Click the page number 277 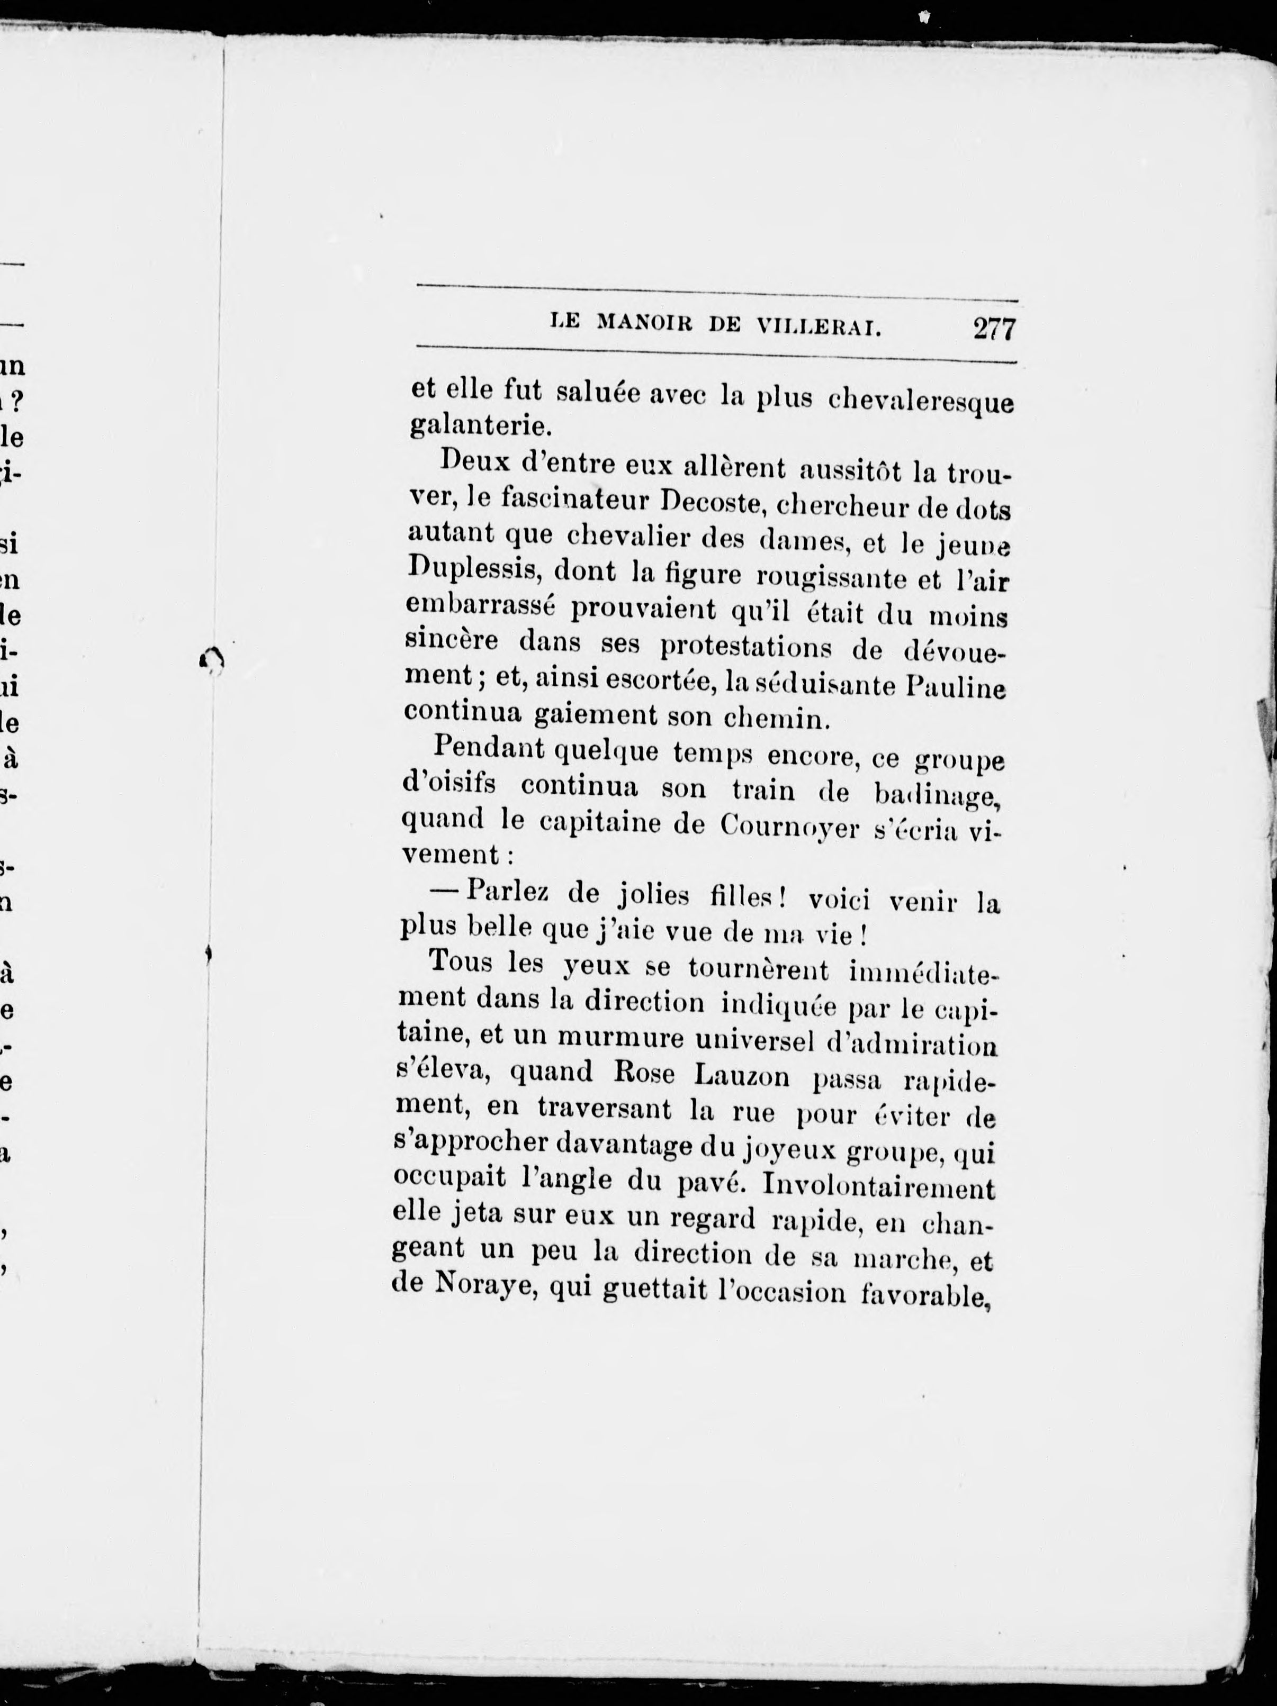pos(995,330)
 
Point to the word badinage pos(935,794)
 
